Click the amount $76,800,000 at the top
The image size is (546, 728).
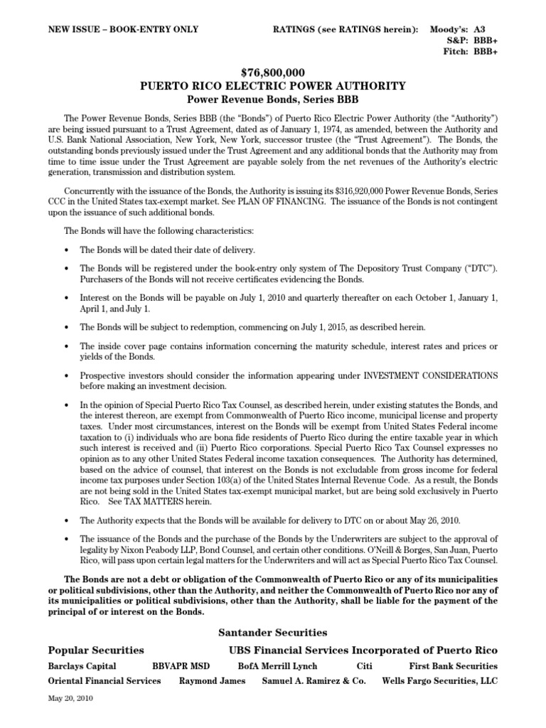(273, 73)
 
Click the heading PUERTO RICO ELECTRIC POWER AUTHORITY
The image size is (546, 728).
(273, 86)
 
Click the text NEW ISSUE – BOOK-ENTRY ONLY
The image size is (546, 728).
(123, 29)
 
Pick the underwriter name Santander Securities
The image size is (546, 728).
(273, 632)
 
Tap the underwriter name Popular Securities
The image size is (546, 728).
(96, 650)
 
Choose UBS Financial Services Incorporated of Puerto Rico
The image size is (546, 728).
(363, 650)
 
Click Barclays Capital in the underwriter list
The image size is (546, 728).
(82, 666)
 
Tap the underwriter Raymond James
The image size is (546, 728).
(212, 680)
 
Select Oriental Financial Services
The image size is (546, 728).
(105, 680)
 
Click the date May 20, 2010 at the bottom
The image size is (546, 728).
(70, 698)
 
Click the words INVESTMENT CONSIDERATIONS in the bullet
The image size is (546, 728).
(431, 375)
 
